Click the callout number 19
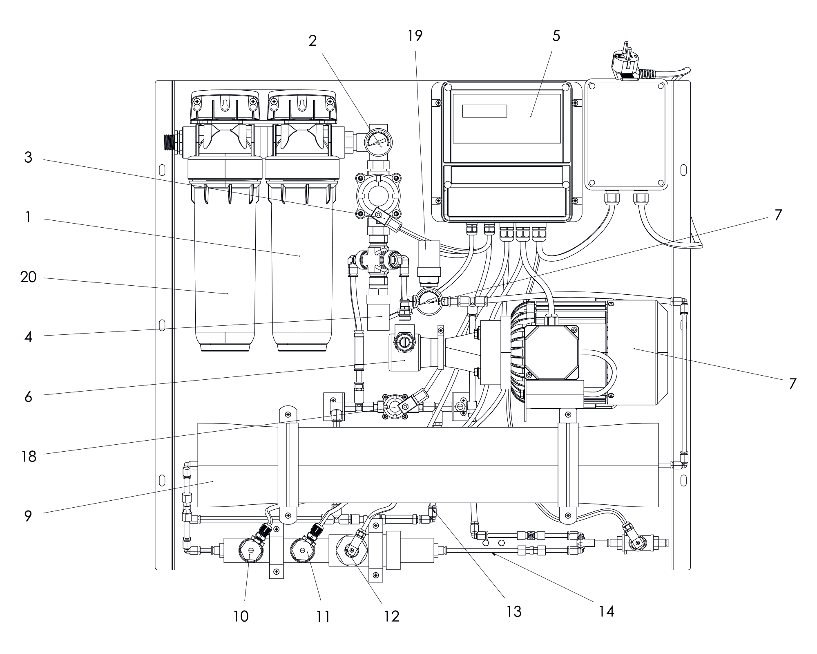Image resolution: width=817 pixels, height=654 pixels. point(415,36)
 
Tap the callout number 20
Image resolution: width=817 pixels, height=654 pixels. point(28,278)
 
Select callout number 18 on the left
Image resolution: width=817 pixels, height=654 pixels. point(29,456)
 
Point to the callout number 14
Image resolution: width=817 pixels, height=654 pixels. point(607,611)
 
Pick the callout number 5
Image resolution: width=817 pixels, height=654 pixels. point(556,36)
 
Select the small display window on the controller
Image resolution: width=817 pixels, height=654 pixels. point(484,111)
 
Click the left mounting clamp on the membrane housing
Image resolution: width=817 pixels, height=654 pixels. point(288,466)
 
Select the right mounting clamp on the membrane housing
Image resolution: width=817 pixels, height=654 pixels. point(568,466)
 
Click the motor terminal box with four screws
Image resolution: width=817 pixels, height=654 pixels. point(551,352)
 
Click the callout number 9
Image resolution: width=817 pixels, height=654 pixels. point(28,516)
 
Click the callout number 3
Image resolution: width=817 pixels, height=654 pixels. point(28,157)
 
